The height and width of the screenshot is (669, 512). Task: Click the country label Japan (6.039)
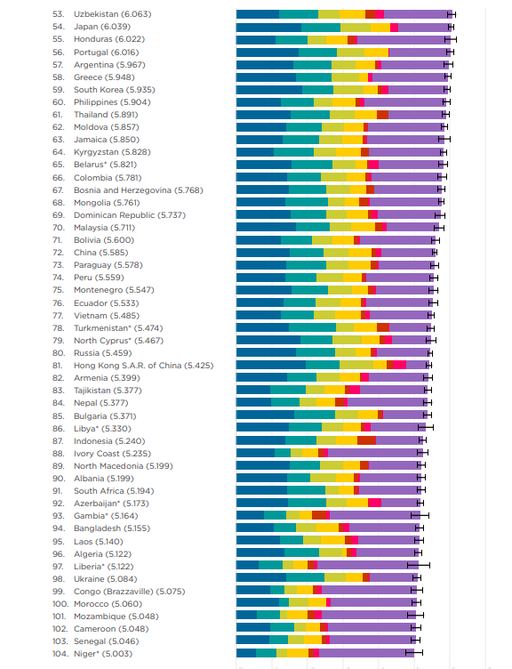pos(102,27)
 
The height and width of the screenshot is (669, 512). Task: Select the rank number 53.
pos(59,14)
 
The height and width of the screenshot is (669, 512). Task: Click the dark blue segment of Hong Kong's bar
pos(271,365)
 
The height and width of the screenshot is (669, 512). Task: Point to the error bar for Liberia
pos(418,565)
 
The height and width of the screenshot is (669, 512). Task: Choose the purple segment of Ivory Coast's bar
pos(375,453)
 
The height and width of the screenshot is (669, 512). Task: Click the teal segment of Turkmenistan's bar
pos(312,327)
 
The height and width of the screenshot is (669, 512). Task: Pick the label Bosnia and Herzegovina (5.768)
pos(138,189)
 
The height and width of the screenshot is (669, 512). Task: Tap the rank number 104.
pos(60,654)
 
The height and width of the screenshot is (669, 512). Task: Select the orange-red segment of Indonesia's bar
pos(366,440)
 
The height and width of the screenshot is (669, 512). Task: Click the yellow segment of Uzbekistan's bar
pos(352,14)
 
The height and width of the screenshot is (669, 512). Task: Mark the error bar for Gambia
pos(420,515)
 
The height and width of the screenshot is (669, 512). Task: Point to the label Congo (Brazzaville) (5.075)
pos(129,592)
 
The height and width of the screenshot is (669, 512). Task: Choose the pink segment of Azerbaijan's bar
pos(375,503)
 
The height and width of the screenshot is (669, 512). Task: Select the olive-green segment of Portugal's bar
pos(350,52)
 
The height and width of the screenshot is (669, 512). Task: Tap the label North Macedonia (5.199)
pos(124,466)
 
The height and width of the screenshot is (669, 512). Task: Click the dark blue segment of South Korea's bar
pos(269,90)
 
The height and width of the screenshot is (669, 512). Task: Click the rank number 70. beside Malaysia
pos(59,228)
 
